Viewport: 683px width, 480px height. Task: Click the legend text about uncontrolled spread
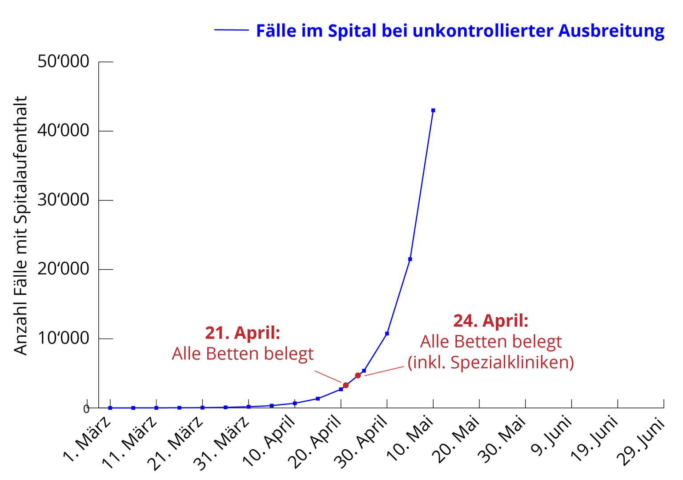click(460, 31)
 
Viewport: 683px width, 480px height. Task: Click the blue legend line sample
click(231, 30)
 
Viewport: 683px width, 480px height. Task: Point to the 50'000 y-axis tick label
click(64, 61)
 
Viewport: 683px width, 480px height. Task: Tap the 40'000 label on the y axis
click(64, 131)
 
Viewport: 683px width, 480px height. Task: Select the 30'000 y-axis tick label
click(64, 200)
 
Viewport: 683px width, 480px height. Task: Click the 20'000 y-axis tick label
click(64, 269)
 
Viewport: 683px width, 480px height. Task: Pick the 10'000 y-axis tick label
click(64, 338)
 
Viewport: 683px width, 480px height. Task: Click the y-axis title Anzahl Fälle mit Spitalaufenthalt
click(21, 225)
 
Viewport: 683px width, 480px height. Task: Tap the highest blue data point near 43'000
click(433, 110)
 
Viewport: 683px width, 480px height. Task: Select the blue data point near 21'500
click(410, 259)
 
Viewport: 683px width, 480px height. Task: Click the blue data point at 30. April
click(387, 333)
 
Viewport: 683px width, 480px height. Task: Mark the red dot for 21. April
click(346, 385)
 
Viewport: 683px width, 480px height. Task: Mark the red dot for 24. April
click(358, 375)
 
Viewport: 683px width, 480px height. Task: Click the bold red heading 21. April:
click(242, 333)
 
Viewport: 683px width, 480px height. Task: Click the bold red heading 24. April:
click(490, 321)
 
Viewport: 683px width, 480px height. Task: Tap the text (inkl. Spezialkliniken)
click(490, 363)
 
